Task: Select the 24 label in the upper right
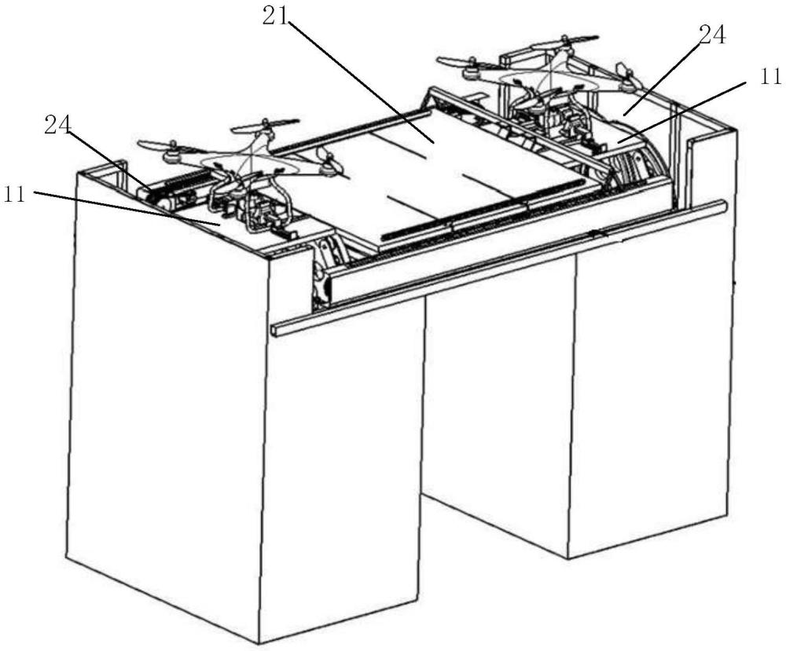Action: (711, 35)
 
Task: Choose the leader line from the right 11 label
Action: (684, 110)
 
